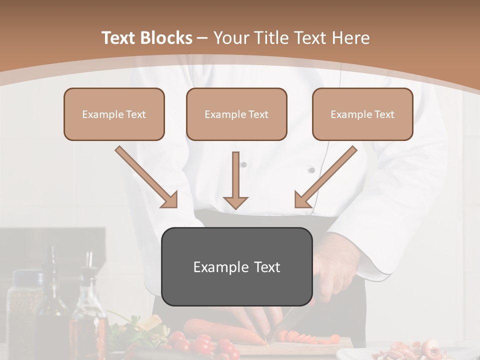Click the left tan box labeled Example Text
coord(114,114)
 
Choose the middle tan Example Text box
coord(236,114)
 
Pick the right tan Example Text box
coord(362,114)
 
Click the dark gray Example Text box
coord(236,266)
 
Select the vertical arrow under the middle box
coord(235,180)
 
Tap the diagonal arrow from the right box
coord(325,177)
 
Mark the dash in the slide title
coord(202,38)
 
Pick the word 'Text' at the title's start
coord(118,38)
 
